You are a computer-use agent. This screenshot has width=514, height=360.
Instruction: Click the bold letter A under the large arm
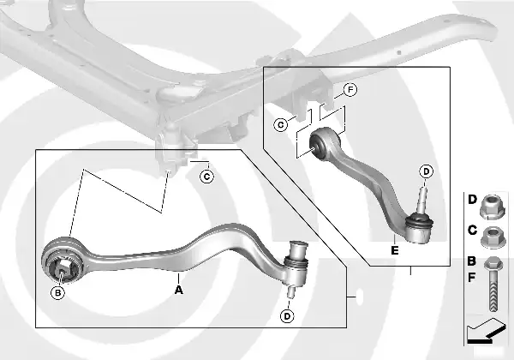click(x=178, y=290)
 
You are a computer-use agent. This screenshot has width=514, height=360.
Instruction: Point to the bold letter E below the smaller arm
click(x=393, y=251)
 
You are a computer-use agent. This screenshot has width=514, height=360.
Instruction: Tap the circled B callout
click(x=58, y=293)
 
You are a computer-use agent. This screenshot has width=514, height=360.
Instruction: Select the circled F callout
click(x=350, y=90)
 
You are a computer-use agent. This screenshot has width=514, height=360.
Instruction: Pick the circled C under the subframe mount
click(x=206, y=177)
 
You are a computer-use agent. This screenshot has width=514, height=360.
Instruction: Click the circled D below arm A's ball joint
click(x=286, y=316)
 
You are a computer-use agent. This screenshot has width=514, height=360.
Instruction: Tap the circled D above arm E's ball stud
click(x=427, y=171)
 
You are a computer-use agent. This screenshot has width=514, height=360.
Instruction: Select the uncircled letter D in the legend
click(x=472, y=200)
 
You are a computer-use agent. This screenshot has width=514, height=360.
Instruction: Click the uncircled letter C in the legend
click(x=472, y=230)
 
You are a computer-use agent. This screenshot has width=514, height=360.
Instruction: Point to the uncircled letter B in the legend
click(x=472, y=261)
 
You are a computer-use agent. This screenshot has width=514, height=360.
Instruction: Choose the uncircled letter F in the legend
click(x=472, y=278)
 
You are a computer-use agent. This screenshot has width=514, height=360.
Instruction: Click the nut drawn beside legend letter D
click(x=493, y=205)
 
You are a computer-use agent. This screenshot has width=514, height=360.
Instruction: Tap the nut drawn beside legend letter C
click(x=493, y=234)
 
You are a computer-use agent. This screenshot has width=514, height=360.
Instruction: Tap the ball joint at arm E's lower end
click(x=421, y=226)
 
